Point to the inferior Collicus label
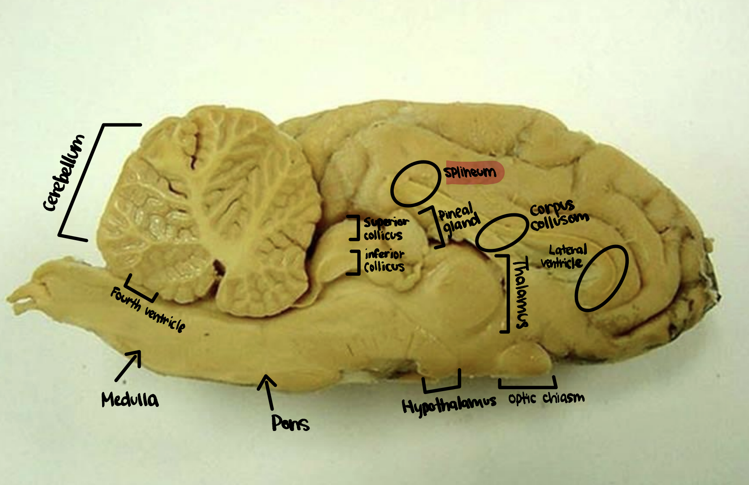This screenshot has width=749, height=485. tap(384, 261)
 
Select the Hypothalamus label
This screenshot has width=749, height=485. tap(449, 405)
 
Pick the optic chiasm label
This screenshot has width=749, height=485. tap(546, 398)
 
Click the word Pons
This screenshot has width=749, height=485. tap(290, 423)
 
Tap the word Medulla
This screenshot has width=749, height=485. tap(130, 399)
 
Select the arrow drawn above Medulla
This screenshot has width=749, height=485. tap(129, 365)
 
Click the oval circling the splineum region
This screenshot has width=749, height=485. tap(415, 183)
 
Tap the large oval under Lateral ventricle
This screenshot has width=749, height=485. tap(601, 278)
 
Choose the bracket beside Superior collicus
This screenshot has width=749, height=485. tap(356, 228)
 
